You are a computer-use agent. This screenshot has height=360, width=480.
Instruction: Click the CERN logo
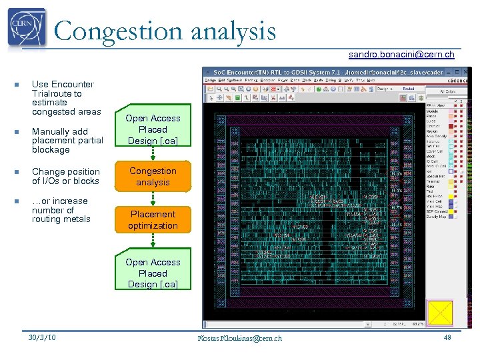27,28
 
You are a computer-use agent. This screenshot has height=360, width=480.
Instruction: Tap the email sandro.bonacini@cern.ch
401,54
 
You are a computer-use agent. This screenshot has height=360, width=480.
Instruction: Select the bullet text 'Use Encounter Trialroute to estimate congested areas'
65,98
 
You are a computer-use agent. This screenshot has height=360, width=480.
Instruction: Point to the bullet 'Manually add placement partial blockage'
67,141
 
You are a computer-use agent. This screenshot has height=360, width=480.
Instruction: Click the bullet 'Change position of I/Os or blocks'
65,176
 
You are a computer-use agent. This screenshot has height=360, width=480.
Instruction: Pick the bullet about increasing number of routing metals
61,210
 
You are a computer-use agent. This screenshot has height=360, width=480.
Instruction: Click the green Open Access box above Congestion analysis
153,129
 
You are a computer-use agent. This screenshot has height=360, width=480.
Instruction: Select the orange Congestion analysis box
153,177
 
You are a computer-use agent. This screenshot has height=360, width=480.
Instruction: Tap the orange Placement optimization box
153,220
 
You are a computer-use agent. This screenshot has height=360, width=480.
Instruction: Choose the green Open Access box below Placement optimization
153,273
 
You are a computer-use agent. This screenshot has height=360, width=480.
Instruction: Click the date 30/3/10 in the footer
42,337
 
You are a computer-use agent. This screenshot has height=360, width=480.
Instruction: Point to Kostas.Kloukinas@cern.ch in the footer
239,338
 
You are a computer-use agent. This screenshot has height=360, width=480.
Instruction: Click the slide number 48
447,337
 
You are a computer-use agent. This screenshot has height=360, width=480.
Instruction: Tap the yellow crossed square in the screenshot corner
439,313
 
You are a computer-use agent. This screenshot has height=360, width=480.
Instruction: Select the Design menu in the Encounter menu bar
210,80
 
